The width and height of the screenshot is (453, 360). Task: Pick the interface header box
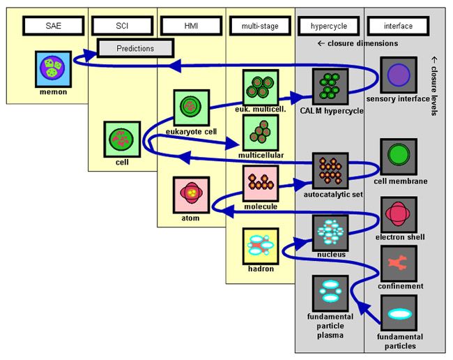[x=398, y=27]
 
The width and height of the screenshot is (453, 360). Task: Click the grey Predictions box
[x=135, y=49]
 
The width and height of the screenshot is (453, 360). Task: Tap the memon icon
[x=52, y=69]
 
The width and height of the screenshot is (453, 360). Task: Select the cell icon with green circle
[x=121, y=140]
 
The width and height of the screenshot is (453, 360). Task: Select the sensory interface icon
[x=399, y=75]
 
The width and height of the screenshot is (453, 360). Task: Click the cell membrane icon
[x=399, y=156]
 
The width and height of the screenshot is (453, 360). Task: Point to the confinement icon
[x=399, y=263]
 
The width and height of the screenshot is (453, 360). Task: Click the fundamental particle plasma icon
[x=330, y=293]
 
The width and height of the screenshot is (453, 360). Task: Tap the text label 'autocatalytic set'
[x=333, y=195]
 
